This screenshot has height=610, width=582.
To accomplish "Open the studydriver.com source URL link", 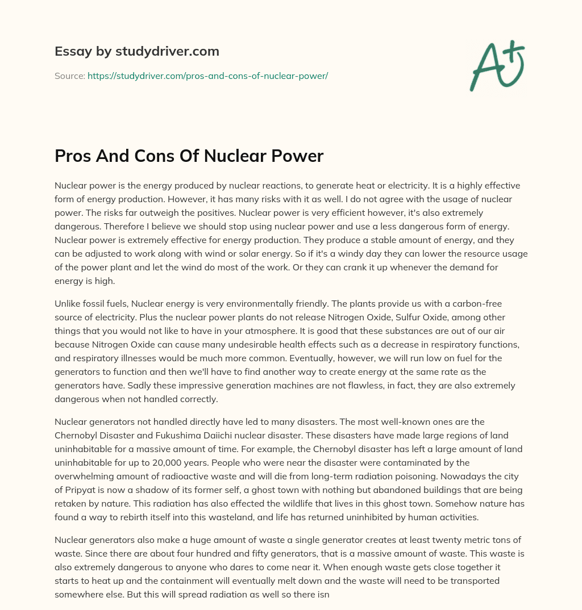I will tap(207, 76).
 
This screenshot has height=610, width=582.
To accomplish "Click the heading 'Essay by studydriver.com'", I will tap(136, 51).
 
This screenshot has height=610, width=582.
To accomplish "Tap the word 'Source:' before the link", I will tap(70, 76).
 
